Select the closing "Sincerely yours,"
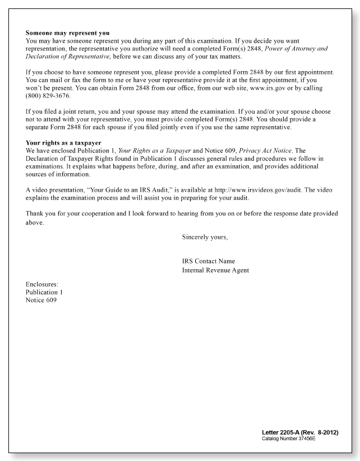205,237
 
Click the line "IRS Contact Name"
208,261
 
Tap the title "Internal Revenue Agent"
215,270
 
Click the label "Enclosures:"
42,284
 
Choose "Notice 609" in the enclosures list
41,300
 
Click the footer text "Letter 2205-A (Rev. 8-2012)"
299,432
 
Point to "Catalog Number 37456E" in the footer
289,438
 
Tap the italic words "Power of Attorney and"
293,49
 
